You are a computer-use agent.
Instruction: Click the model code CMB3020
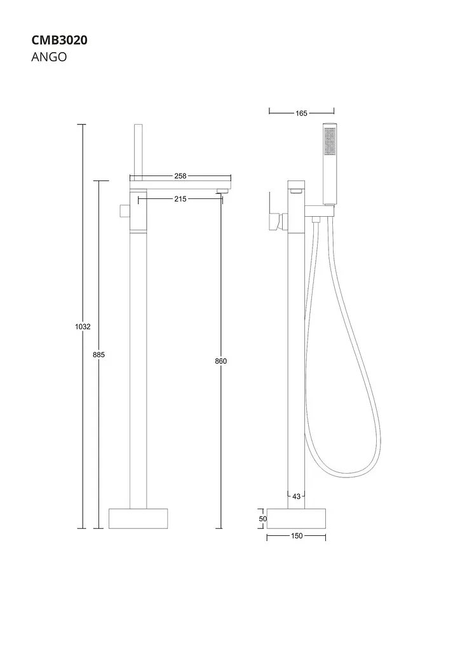point(59,40)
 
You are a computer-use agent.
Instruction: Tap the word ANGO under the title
point(49,57)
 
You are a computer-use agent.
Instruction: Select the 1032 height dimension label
point(83,327)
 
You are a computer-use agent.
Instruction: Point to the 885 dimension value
point(98,355)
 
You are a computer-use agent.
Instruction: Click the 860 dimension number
point(220,361)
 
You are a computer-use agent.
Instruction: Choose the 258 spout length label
point(180,176)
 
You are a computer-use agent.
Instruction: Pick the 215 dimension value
point(180,199)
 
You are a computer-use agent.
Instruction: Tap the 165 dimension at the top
point(301,113)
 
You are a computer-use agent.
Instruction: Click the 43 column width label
point(296,496)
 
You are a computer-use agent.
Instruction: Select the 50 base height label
point(262,519)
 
